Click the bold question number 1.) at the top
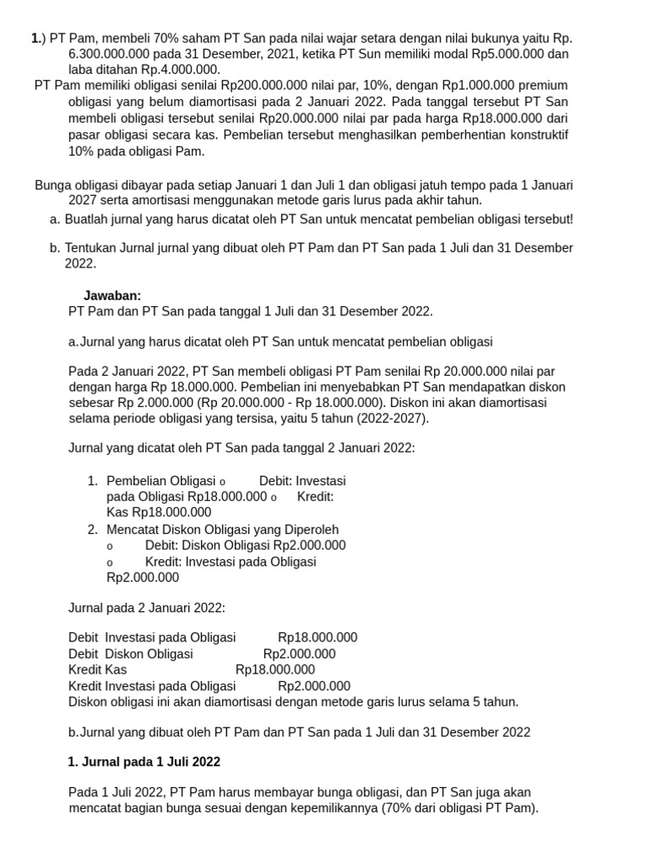[37, 38]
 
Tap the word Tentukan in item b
[93, 248]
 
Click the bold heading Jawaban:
[113, 295]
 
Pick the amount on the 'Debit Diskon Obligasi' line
[299, 653]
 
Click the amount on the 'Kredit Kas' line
[275, 669]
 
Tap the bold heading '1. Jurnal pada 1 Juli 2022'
[144, 762]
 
